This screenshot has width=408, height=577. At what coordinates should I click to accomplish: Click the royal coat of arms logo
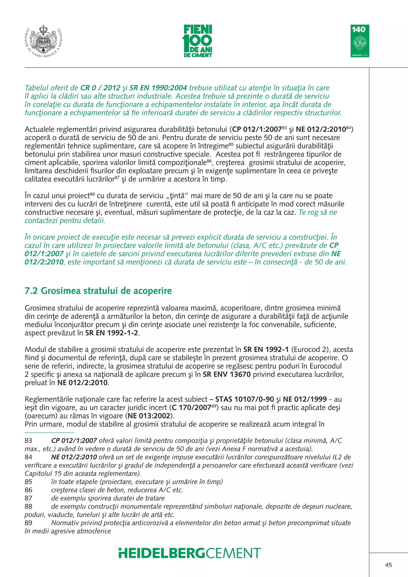(44, 41)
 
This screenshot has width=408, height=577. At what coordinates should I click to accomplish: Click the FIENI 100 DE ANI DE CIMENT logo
(198, 41)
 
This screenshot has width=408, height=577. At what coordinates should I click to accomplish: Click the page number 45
(388, 565)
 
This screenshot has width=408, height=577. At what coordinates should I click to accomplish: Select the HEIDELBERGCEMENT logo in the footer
(190, 553)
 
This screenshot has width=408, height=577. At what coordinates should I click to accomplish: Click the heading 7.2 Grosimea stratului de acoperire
(98, 291)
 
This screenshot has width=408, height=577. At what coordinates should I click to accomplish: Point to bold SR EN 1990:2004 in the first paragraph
(158, 88)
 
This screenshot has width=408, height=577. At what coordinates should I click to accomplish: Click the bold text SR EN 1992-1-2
(112, 333)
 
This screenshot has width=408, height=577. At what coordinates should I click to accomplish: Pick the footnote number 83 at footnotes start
(28, 441)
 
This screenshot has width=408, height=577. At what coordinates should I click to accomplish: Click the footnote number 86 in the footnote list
(28, 490)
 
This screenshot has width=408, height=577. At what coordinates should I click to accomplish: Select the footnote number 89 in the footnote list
(28, 523)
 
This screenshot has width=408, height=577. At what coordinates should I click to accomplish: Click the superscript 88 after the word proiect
(92, 194)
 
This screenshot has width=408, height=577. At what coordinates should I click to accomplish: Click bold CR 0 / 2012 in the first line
(100, 88)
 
